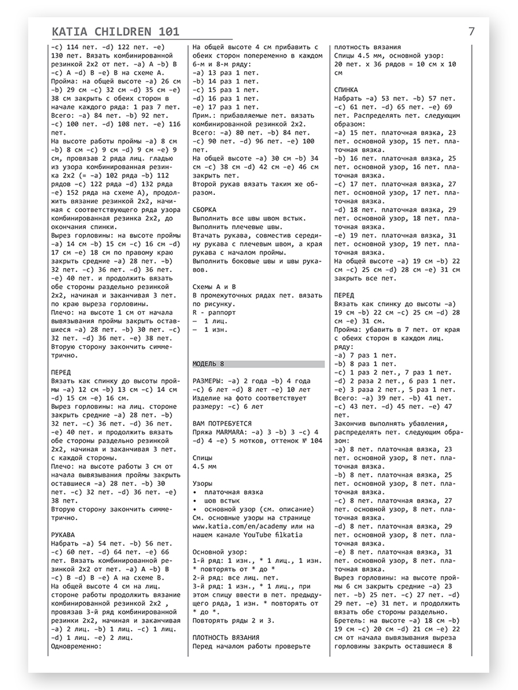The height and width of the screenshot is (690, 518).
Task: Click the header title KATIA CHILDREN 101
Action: [x=115, y=32]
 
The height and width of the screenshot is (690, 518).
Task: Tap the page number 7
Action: [x=471, y=32]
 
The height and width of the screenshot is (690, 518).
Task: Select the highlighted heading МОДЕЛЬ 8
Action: [x=208, y=364]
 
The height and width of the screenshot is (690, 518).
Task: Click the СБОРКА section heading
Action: [x=205, y=210]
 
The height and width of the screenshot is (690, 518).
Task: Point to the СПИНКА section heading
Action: [x=346, y=90]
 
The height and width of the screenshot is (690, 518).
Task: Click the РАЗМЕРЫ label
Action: [x=208, y=381]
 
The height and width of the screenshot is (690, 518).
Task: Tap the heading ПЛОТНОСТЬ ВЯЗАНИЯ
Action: [x=226, y=638]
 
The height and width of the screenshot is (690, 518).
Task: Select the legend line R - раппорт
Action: [x=216, y=312]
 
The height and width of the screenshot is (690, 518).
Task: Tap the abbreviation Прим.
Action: [x=203, y=115]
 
